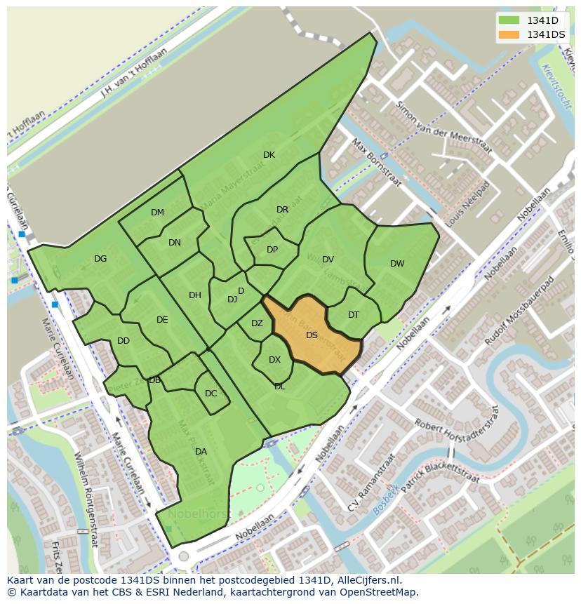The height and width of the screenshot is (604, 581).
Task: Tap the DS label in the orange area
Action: (x=312, y=335)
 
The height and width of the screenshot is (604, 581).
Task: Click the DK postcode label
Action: (x=269, y=155)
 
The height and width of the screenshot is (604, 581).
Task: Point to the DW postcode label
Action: (x=397, y=264)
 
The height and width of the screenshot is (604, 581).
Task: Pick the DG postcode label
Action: (x=100, y=259)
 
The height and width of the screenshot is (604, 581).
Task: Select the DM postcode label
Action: (x=157, y=213)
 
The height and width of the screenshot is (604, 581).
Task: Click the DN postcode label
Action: (x=175, y=243)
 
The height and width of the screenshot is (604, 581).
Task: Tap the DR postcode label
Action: (x=282, y=210)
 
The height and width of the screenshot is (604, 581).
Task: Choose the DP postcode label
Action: (x=272, y=250)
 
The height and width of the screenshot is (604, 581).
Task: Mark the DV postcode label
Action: (x=328, y=260)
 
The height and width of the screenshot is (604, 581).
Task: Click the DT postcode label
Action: (x=354, y=315)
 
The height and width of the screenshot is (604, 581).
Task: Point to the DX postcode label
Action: (x=274, y=360)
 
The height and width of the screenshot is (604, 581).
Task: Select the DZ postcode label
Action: (x=257, y=323)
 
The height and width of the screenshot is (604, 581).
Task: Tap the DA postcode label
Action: (x=201, y=452)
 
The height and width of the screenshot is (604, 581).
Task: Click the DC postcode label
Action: (x=211, y=394)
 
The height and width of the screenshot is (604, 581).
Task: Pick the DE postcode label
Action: (x=162, y=320)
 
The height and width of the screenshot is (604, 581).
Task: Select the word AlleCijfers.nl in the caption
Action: (x=368, y=580)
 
